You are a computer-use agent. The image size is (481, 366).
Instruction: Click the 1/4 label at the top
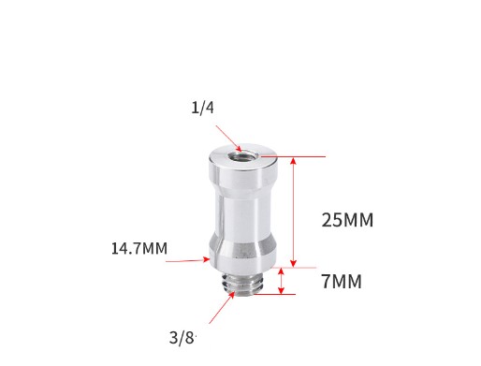tap(202, 108)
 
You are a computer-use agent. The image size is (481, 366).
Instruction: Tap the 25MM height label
tap(346, 221)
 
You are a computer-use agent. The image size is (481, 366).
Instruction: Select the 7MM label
tap(341, 281)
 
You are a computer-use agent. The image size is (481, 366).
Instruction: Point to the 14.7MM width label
tap(138, 249)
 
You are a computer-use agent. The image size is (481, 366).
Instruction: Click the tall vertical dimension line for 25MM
tap(295, 212)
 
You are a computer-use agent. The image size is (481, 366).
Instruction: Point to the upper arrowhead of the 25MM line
tap(295, 161)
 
